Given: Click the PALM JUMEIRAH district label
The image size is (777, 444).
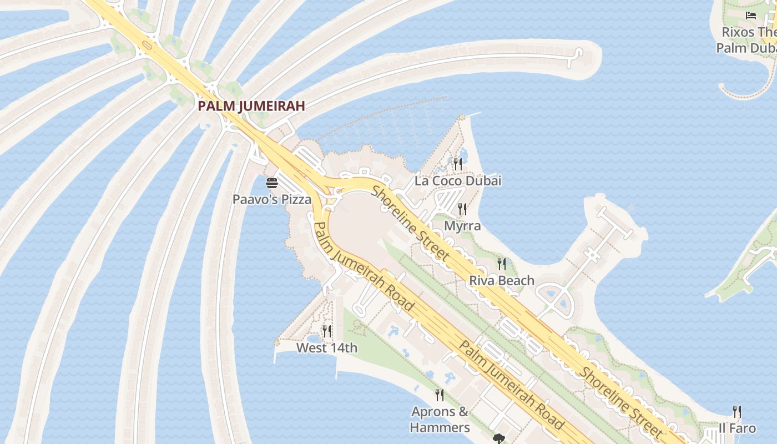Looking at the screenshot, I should click(252, 105).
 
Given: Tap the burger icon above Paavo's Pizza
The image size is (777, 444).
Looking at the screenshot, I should click(272, 183).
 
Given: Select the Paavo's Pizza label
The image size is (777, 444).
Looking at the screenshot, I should click(272, 199).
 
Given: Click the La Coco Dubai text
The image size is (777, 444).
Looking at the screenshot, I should click(458, 180).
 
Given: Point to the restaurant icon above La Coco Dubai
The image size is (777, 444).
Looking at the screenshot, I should click(457, 164).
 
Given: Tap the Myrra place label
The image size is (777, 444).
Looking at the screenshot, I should click(462, 226).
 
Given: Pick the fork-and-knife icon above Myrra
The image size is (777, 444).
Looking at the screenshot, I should click(462, 209).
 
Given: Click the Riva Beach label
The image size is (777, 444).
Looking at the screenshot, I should click(502, 280).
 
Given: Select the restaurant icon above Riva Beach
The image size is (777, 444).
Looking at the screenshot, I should click(502, 264).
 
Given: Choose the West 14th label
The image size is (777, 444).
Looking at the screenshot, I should click(326, 348).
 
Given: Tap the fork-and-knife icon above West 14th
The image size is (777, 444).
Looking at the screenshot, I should click(327, 331).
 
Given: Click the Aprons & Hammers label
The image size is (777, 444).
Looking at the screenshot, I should click(440, 420).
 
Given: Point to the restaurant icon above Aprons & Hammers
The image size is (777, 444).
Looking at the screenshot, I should click(440, 395).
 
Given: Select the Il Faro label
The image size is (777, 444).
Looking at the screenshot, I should click(737, 428).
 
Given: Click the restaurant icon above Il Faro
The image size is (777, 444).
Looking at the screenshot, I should click(737, 411).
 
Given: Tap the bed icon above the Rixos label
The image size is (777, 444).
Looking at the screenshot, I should click(751, 16).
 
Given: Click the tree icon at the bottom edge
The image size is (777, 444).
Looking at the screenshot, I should click(498, 439).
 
